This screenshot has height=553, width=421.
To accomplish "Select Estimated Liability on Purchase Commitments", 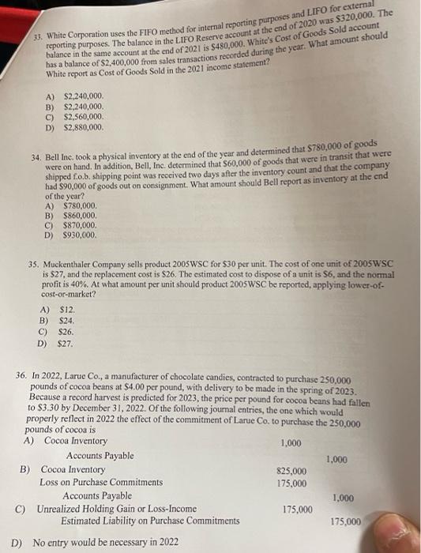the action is click(x=144, y=521).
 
